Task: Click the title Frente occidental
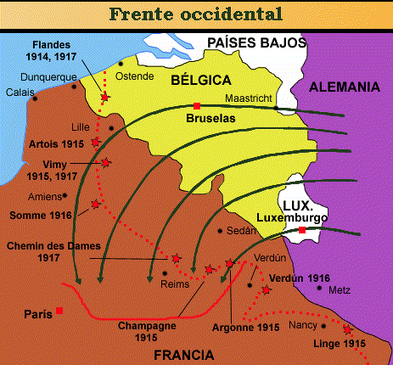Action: tap(196, 14)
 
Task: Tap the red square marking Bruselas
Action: tap(197, 105)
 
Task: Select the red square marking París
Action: tap(59, 311)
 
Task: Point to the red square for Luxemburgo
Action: tap(302, 230)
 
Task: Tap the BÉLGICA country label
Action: tap(201, 80)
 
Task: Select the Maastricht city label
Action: tap(248, 98)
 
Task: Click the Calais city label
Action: tap(20, 92)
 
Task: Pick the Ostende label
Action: tap(134, 76)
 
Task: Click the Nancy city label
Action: tap(302, 325)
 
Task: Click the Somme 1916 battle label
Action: tap(40, 216)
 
